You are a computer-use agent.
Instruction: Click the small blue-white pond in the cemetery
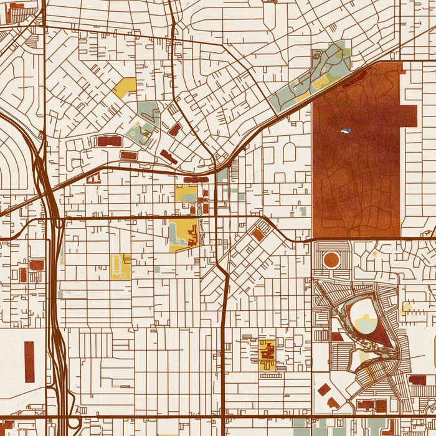[344, 131]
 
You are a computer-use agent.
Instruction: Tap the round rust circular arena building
[331, 260]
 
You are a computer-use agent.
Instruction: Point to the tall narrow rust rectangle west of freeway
[29, 362]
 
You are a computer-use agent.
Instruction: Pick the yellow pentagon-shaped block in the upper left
[125, 87]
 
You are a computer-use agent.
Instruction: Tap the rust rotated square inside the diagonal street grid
[258, 235]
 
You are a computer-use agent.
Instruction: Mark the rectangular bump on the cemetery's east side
[409, 115]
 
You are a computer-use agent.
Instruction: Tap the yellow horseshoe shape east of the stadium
[407, 308]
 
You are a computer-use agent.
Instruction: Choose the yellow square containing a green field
[186, 192]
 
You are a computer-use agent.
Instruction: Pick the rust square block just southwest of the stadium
[337, 337]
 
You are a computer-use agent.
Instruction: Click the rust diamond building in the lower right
[324, 390]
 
